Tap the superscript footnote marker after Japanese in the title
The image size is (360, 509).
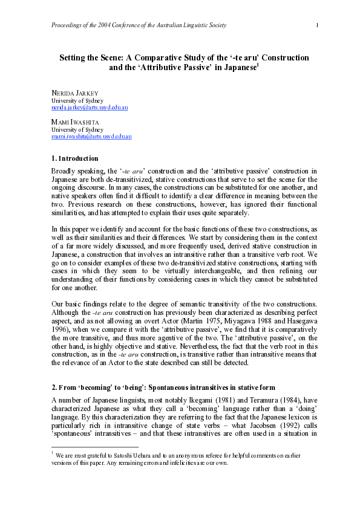pyautogui.click(x=258, y=65)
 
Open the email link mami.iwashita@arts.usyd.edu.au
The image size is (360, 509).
pyautogui.click(x=91, y=137)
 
